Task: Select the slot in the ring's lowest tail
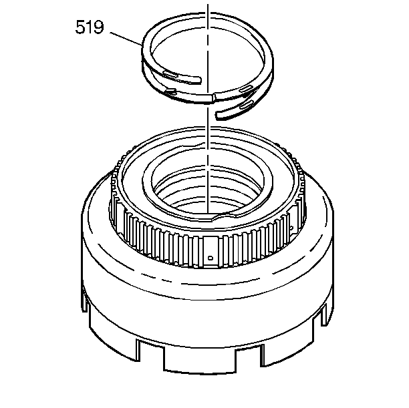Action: (x=244, y=105)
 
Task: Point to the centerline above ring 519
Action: (x=209, y=9)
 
